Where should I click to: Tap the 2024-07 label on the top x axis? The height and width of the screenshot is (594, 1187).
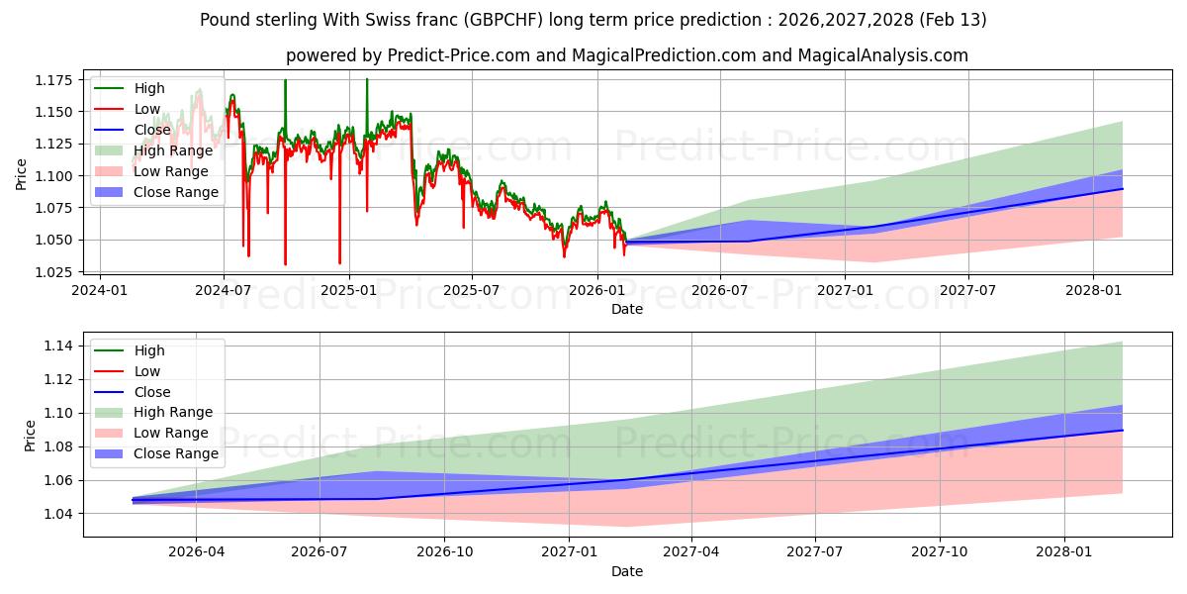pos(224,290)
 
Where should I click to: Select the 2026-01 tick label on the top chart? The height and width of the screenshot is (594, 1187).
pos(597,290)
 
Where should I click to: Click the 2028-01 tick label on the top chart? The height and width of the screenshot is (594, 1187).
pos(1093,290)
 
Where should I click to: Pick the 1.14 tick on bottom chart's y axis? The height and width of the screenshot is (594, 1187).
pos(58,346)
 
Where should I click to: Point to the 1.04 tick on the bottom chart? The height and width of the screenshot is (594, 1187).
pos(58,514)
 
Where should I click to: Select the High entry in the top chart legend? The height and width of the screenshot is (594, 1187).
pos(149,89)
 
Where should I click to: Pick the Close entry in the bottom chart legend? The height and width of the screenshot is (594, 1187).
pos(151,392)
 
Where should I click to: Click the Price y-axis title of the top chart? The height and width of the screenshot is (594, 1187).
pos(22,174)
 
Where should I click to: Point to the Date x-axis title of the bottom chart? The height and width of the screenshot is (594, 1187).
pos(627,571)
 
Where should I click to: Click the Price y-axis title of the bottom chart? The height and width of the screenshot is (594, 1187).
pos(30,436)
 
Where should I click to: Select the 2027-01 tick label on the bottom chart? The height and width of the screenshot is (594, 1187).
pos(570,553)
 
